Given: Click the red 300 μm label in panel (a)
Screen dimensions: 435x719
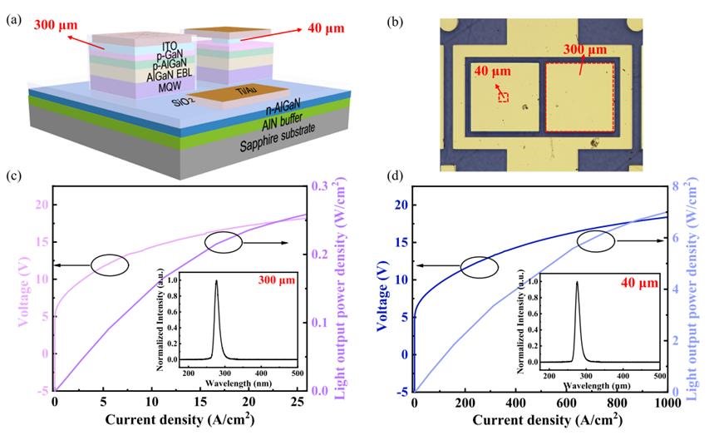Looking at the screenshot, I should [53, 25].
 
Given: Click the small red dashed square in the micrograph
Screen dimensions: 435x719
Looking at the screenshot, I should [503, 97].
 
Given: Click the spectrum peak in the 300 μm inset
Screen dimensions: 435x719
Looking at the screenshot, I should [217, 281].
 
